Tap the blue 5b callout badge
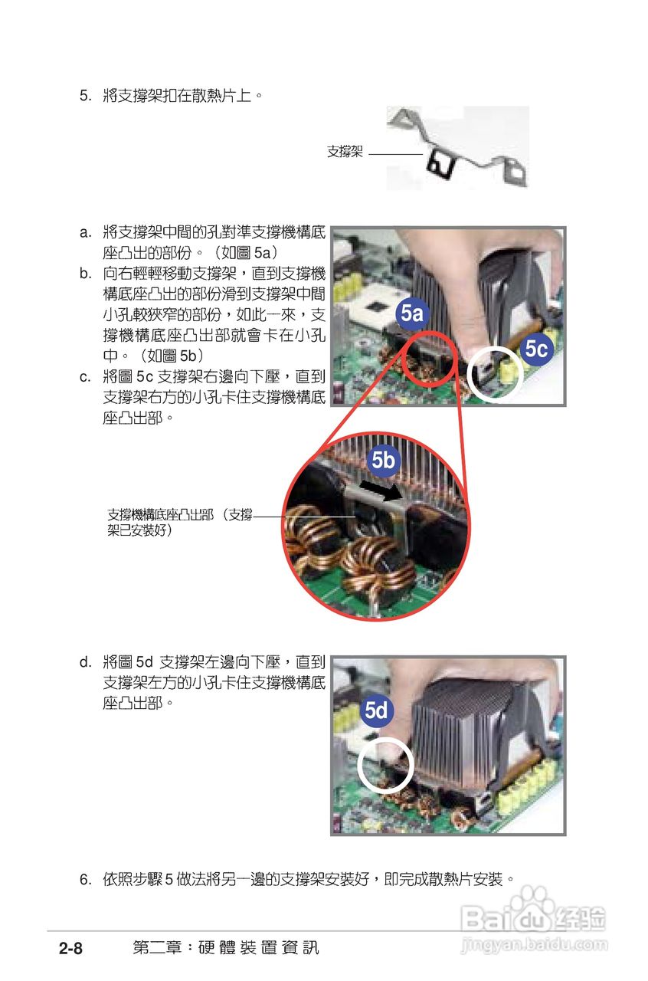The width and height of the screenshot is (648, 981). click(x=383, y=459)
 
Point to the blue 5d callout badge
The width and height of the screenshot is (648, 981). click(x=375, y=710)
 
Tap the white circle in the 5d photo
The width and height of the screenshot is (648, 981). click(x=385, y=765)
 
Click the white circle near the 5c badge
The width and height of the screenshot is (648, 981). click(x=496, y=373)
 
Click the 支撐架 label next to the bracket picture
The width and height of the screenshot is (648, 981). click(x=345, y=152)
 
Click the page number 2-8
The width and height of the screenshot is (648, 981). click(x=70, y=949)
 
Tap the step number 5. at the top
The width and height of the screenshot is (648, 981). click(x=86, y=97)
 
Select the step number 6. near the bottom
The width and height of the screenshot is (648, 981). click(x=86, y=879)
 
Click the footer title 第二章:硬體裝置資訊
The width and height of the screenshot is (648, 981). click(x=225, y=948)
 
